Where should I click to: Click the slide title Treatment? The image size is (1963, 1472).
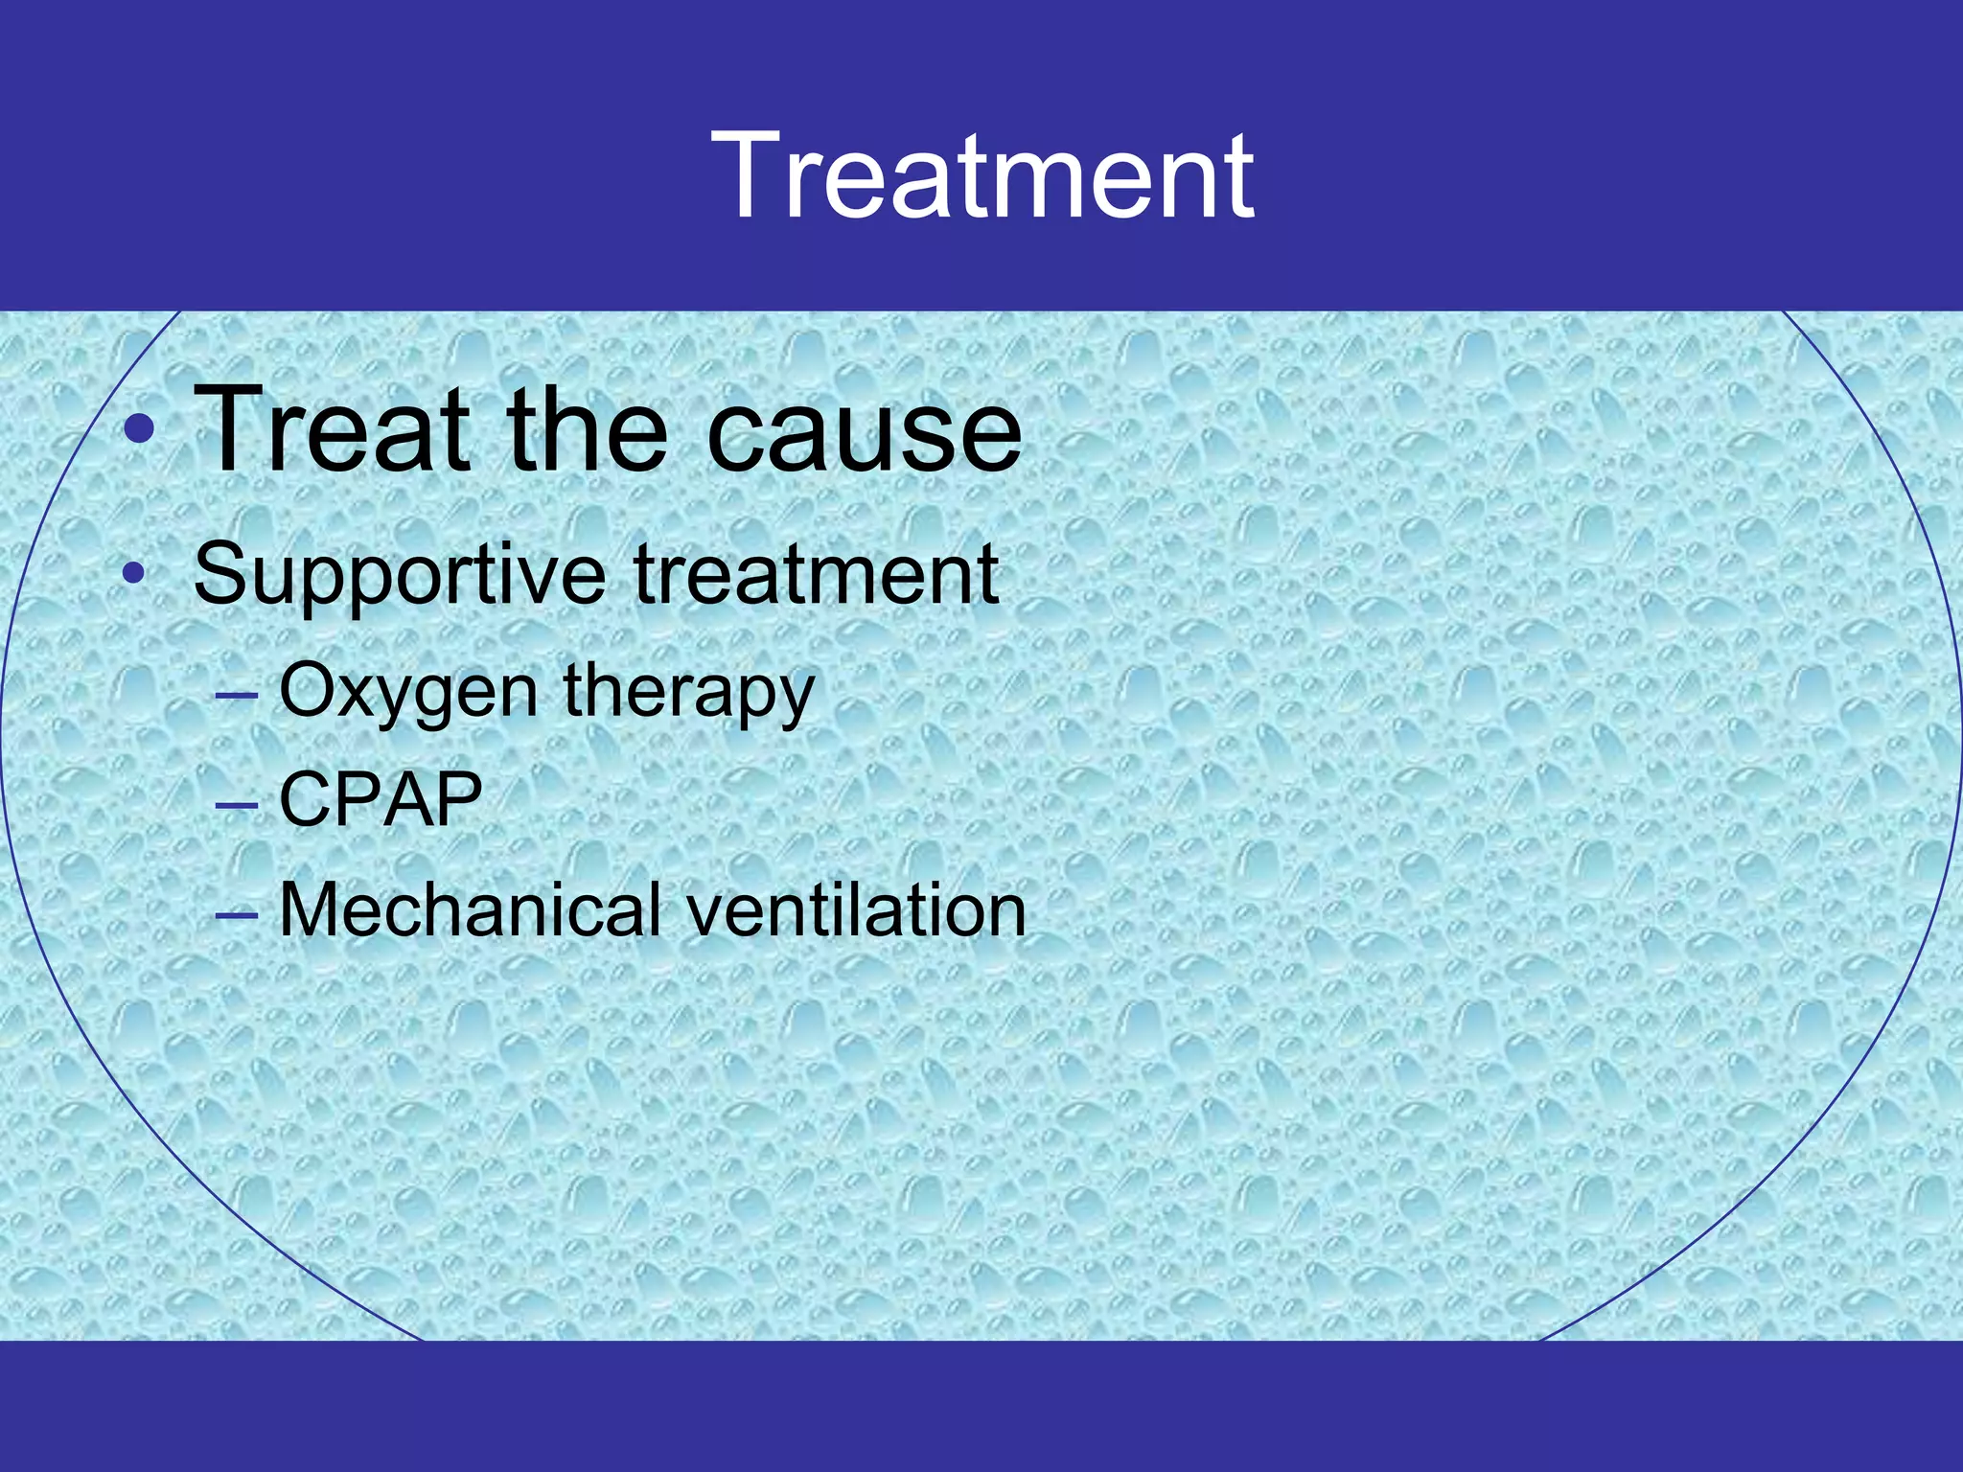[982, 177]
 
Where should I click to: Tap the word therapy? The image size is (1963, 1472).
[688, 692]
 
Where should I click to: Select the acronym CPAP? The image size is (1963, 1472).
[381, 799]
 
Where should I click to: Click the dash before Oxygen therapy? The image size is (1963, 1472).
[237, 694]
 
